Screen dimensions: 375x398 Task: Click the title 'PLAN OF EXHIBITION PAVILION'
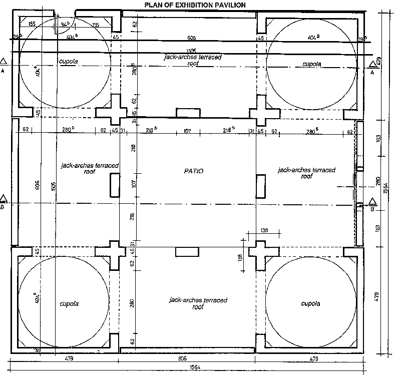tap(195, 5)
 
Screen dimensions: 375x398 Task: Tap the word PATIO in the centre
tap(193, 171)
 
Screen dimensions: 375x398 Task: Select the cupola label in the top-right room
tap(312, 64)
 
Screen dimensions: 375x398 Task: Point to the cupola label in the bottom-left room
tap(70, 304)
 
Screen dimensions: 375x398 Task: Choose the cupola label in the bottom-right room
tap(310, 304)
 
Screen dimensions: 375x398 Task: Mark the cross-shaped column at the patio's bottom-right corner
tap(260, 255)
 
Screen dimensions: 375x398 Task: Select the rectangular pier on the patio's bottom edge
tap(184, 252)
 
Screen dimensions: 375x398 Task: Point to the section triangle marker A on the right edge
tap(372, 63)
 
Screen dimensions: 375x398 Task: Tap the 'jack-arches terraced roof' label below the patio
tap(198, 303)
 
